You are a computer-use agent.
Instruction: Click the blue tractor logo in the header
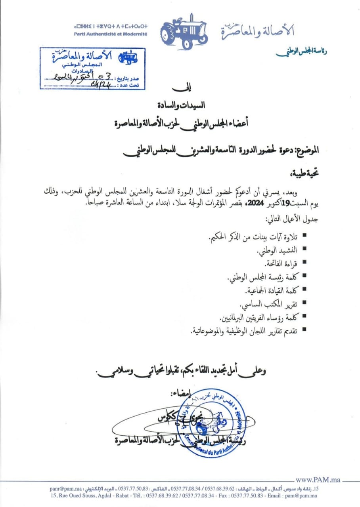184,32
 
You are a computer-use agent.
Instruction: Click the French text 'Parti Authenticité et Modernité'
111,34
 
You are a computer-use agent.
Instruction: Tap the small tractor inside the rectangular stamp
128,57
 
